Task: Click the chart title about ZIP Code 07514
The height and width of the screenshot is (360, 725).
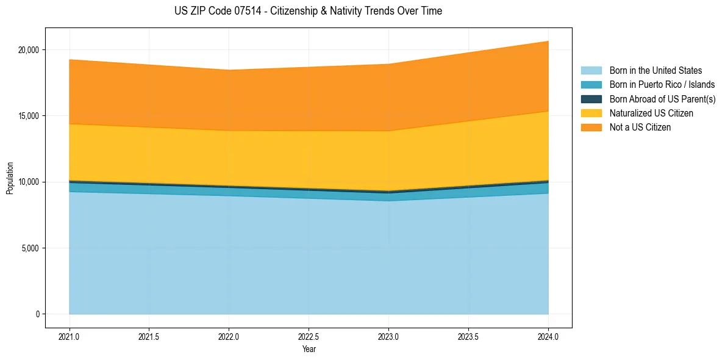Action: pos(308,11)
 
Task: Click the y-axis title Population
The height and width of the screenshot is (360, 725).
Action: pos(10,178)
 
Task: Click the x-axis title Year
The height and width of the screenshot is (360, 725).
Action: pos(309,349)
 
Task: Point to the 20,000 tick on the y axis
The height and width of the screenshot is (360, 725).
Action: pos(28,49)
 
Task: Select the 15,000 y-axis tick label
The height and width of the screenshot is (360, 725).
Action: pos(28,116)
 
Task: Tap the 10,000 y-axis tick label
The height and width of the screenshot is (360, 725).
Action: pos(28,182)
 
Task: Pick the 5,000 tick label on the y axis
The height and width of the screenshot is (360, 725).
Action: pos(30,248)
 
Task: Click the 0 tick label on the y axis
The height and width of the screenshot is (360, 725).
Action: pos(37,314)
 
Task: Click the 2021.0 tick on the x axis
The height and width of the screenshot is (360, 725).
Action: pos(70,336)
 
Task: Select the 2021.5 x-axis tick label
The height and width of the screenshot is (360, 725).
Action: pos(149,336)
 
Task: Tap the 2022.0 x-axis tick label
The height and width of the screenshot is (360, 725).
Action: pos(229,336)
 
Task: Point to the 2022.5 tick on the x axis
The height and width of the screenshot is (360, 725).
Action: pos(309,336)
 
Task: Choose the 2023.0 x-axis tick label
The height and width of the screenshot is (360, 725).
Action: pos(388,336)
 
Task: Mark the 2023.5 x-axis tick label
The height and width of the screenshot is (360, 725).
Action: pos(468,336)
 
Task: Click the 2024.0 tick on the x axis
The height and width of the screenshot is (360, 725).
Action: pos(548,336)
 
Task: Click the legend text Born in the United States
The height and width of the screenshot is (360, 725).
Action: pos(655,71)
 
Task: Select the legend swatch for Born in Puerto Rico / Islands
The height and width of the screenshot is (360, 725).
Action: pos(591,85)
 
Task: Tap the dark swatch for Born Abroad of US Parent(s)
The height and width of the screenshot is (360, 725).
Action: pos(591,99)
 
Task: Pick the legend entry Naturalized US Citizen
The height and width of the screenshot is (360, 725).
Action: pos(651,113)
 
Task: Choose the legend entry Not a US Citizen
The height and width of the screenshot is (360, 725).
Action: pos(640,128)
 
